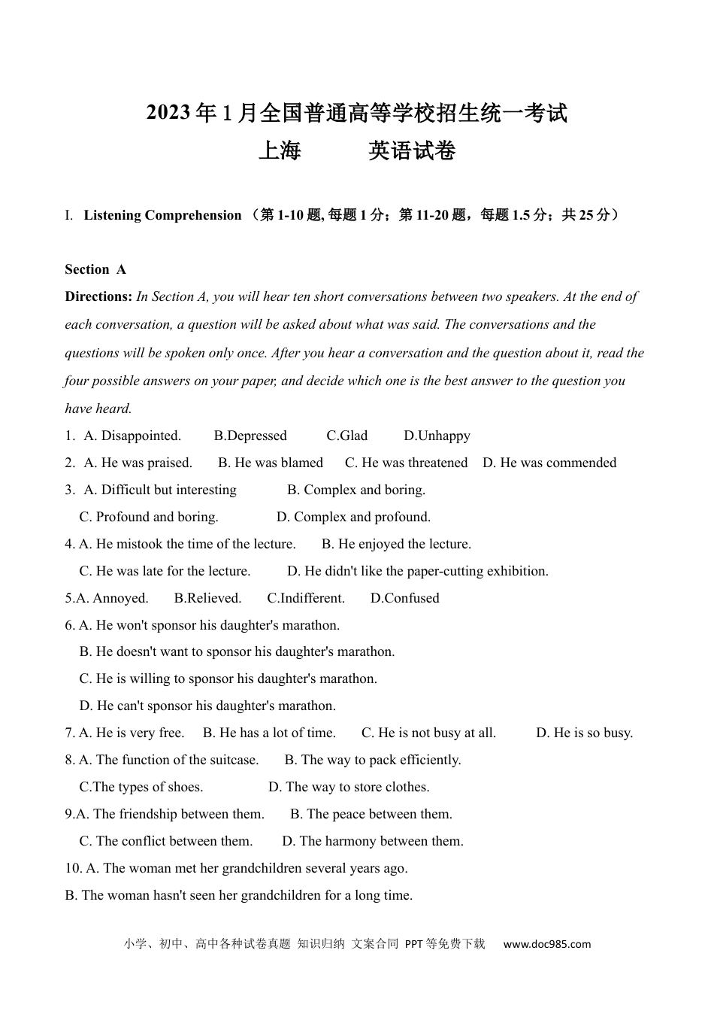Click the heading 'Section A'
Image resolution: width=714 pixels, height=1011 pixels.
point(95,269)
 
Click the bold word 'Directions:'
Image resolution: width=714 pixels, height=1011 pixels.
point(98,296)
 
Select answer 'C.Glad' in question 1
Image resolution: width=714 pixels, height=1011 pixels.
point(346,436)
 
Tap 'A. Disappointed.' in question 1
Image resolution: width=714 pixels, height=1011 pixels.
point(132,436)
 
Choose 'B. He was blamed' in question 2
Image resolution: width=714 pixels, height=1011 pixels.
point(271,463)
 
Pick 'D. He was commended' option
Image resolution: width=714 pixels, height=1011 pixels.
point(549,463)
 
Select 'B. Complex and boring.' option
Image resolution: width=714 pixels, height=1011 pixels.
point(356,490)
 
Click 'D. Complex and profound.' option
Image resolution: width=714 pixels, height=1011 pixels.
point(353,517)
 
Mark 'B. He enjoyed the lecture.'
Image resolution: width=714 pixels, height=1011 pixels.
point(396,544)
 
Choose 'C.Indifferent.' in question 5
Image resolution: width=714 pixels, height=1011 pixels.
point(306,598)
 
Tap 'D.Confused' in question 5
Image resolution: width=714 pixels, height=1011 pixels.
point(404,598)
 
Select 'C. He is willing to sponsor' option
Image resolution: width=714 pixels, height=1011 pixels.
point(228,679)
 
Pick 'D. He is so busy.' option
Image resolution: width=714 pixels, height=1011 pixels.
point(584,733)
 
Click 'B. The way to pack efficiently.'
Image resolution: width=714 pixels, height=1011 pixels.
point(373,760)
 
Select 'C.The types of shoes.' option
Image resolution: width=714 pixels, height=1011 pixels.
point(141,787)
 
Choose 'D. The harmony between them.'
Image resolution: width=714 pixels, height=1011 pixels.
point(373,841)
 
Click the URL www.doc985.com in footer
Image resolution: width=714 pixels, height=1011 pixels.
point(546,944)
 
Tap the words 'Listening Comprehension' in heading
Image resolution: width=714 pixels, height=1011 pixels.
point(162,215)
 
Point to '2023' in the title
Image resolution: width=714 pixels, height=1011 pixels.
point(168,113)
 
